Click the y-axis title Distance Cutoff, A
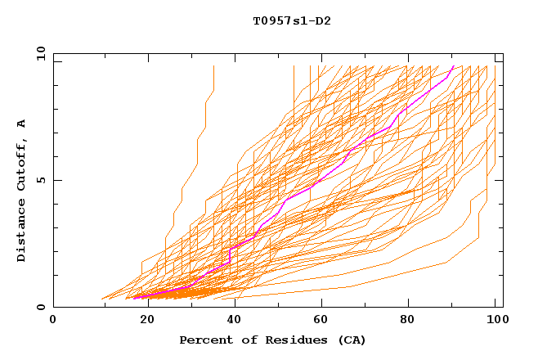tap(21, 190)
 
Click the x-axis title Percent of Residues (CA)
tap(273, 340)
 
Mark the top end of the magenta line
tap(454, 66)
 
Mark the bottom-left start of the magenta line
tap(133, 298)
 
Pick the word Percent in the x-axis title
tap(205, 340)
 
